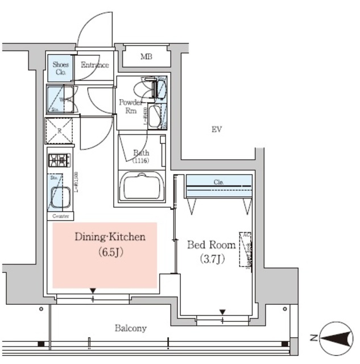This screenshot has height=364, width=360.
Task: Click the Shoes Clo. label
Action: (61, 68)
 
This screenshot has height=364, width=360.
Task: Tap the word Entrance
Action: (94, 65)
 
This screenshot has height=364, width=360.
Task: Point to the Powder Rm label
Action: (130, 106)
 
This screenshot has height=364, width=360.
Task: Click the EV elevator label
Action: (216, 130)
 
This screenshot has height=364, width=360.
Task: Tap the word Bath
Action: (141, 152)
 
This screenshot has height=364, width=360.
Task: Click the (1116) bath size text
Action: (141, 161)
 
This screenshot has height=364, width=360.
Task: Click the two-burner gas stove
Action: (59, 160)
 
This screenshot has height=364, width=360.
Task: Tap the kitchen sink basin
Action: (60, 197)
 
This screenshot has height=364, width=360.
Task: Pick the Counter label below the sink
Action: (61, 217)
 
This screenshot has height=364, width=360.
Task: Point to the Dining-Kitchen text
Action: (111, 237)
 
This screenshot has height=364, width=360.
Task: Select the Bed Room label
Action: (212, 245)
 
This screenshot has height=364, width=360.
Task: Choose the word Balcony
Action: (131, 328)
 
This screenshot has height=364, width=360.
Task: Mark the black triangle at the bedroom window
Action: (222, 312)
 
